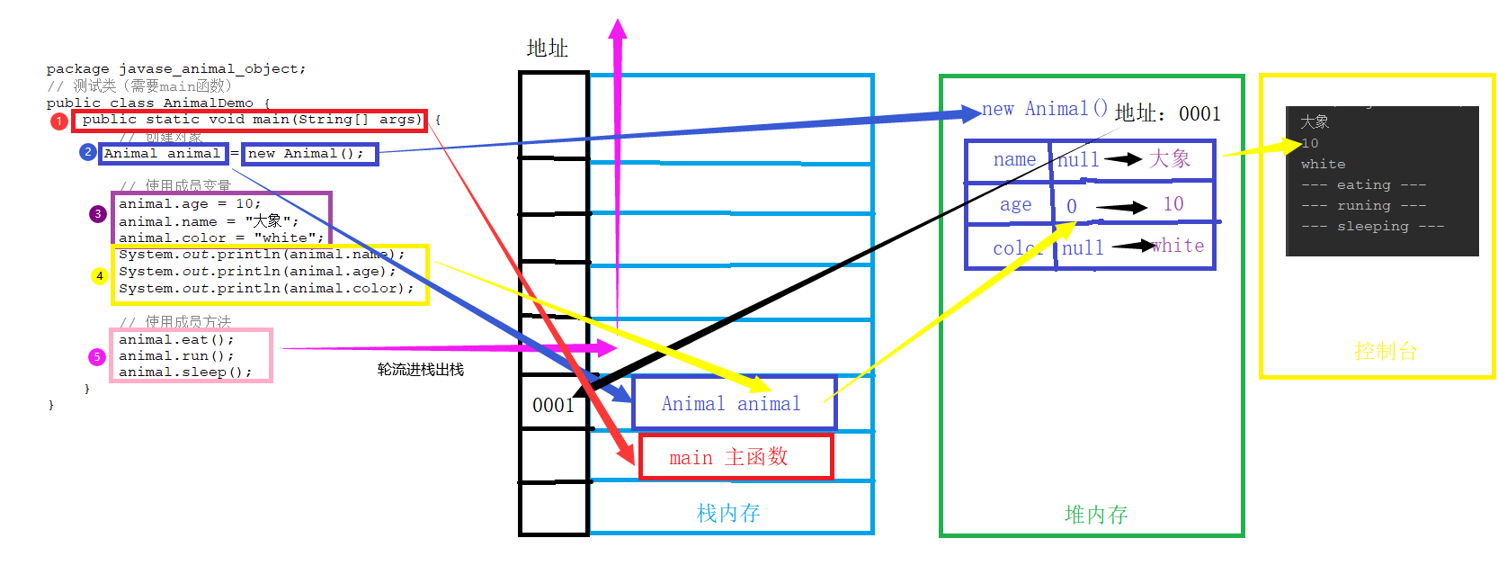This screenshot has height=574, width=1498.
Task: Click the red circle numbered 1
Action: coord(59,121)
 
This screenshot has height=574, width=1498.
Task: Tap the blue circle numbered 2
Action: coord(87,152)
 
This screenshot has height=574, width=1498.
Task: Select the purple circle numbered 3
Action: coord(98,214)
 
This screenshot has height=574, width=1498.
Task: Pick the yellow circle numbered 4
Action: coord(100,276)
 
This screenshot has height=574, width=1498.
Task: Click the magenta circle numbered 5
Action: coord(97,357)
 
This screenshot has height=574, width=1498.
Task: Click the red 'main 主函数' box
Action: coord(736,457)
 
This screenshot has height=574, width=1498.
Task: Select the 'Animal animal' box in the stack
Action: coord(733,403)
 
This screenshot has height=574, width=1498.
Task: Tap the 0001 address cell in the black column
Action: coord(553,405)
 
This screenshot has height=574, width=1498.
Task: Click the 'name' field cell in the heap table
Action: coord(1013,160)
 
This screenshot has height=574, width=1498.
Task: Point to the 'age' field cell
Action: coord(1015,204)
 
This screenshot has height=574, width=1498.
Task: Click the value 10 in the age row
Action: coord(1173,204)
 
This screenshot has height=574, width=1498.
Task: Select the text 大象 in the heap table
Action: coord(1170,159)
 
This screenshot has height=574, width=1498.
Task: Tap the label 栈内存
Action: coord(728,513)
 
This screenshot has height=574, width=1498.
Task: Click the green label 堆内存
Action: coord(1095,515)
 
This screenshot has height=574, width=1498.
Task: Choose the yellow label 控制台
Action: coord(1386,351)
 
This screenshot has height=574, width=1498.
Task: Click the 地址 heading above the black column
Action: coord(547,49)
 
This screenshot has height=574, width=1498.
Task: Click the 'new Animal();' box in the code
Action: coord(309,154)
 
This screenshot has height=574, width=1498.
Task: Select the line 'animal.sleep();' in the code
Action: coord(184,372)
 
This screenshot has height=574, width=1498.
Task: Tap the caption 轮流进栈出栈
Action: coord(420,370)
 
